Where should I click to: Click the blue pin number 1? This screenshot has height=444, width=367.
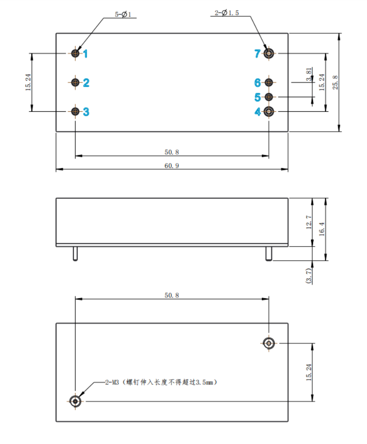[x=85, y=54]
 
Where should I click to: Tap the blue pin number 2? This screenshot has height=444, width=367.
[x=86, y=83]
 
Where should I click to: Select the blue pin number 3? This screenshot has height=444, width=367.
[x=86, y=112]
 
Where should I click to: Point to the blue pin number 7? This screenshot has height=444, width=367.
[x=257, y=54]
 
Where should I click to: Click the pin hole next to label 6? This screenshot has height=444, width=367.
[x=269, y=82]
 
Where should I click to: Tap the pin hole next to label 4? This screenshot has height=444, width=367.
[x=269, y=112]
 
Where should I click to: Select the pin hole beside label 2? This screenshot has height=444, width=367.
[x=76, y=82]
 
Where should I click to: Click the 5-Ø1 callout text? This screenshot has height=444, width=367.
[x=123, y=15]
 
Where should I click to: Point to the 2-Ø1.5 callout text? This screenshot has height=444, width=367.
[x=227, y=14]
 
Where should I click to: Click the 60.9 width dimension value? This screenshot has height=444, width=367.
[x=172, y=166]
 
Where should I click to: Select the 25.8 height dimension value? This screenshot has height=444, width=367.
[x=335, y=83]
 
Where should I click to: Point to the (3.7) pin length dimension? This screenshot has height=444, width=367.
[x=309, y=274]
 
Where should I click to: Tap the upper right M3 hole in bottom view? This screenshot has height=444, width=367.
[x=269, y=343]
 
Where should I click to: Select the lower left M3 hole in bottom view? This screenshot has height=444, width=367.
[x=76, y=401]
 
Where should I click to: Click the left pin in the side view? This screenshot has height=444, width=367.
[x=76, y=254]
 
